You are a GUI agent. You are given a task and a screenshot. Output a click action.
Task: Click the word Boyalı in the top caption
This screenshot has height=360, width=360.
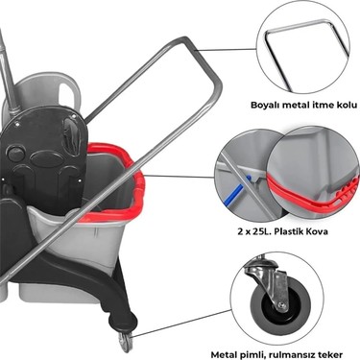(x=261, y=106)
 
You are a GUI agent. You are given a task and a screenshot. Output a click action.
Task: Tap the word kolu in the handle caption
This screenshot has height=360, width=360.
(x=347, y=105)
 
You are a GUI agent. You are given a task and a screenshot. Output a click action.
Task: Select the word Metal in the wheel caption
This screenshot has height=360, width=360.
(x=222, y=354)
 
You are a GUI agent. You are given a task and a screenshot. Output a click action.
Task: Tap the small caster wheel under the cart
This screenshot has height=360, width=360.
(x=125, y=341)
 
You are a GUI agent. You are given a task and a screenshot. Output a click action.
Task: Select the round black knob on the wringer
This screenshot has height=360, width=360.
(x=16, y=153)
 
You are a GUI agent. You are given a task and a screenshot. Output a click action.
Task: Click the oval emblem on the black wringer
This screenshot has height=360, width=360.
(x=48, y=159)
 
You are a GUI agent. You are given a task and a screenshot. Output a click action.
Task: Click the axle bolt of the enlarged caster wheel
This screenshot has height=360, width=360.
(x=282, y=305)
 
